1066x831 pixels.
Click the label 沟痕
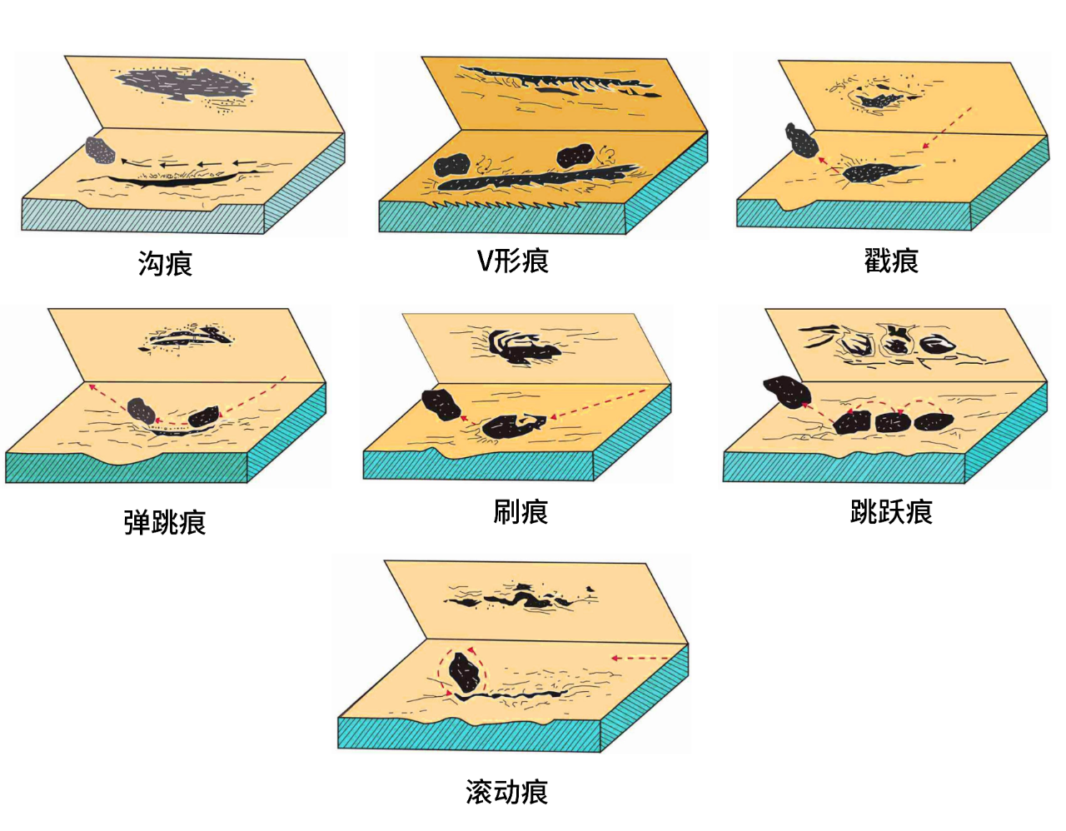[x=165, y=263]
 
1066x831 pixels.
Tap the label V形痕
[x=513, y=261]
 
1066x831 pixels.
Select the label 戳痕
[x=891, y=261]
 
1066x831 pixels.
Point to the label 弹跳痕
[x=165, y=521]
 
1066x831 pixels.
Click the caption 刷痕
[x=520, y=512]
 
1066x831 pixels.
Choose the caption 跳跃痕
[x=891, y=512]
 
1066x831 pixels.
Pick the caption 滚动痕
[x=506, y=791]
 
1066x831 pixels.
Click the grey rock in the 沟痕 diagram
[x=100, y=150]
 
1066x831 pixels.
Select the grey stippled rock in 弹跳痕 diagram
[x=142, y=411]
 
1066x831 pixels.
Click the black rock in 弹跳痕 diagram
[x=203, y=416]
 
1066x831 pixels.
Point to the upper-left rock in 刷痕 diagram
[x=441, y=405]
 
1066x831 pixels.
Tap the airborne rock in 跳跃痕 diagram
[x=787, y=391]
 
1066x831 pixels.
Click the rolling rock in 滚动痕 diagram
[x=464, y=672]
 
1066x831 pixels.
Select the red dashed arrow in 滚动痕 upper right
[x=640, y=658]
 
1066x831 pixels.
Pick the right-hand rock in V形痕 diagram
[x=575, y=156]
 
